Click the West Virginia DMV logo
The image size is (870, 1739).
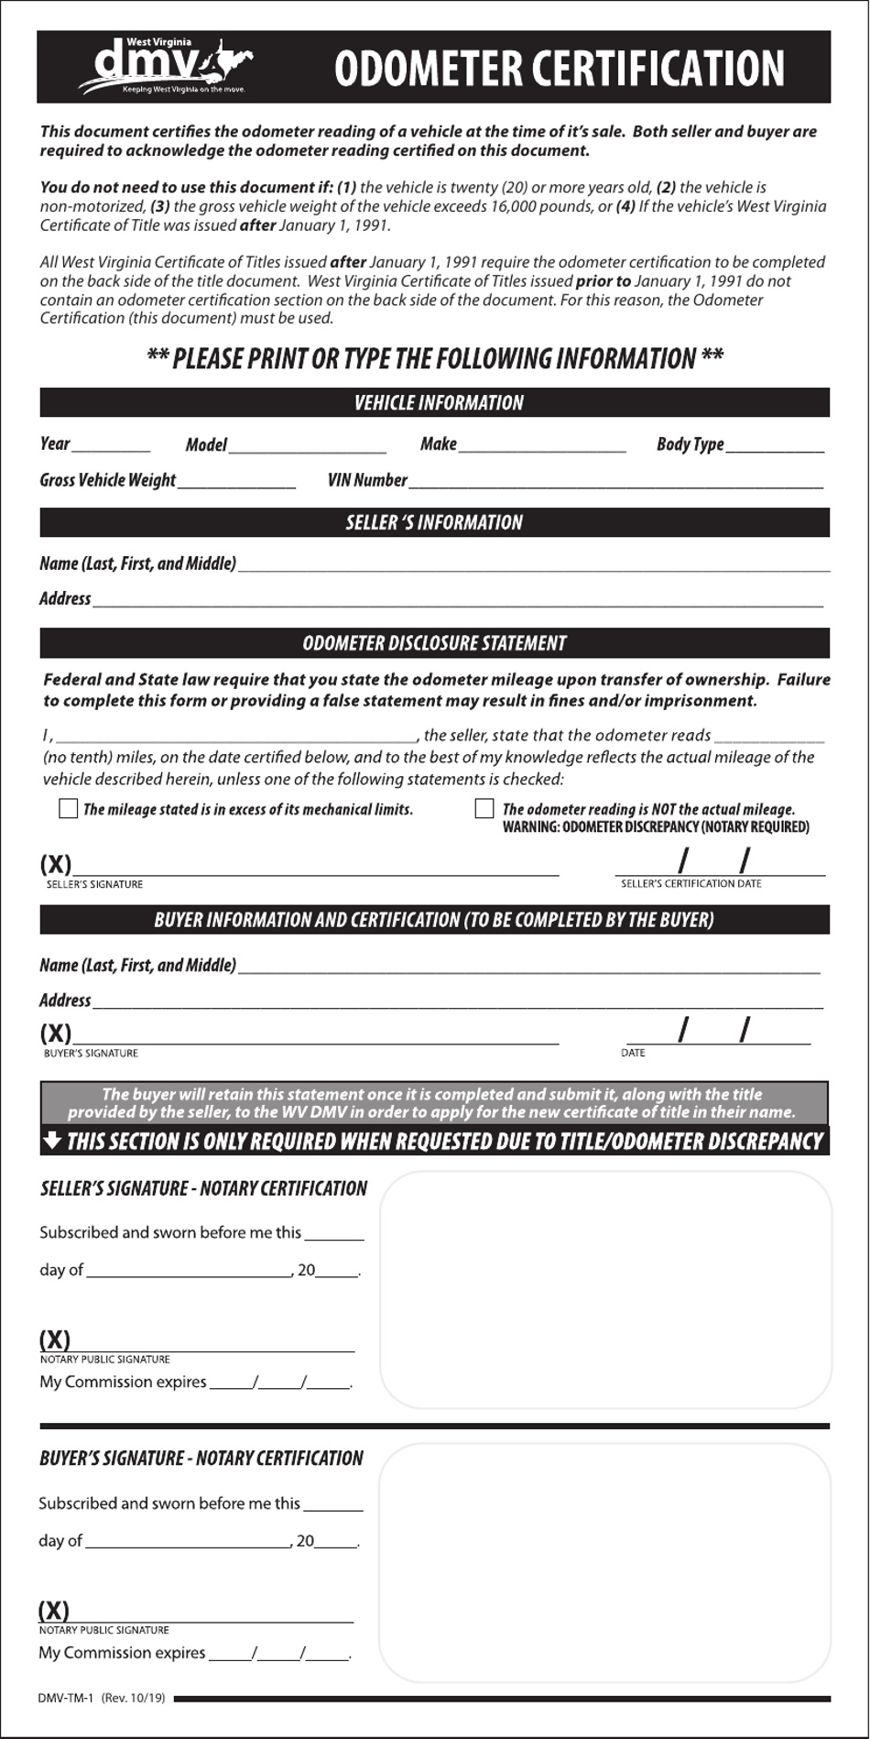click(165, 66)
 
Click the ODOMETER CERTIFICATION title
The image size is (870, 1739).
click(559, 69)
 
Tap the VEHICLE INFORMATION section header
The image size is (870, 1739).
click(438, 403)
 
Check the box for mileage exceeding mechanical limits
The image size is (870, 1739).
click(68, 808)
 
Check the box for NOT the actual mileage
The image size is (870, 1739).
click(484, 808)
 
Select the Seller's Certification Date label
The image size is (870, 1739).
click(691, 883)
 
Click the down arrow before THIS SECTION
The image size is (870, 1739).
click(52, 1140)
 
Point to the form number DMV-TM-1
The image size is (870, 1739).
click(66, 1698)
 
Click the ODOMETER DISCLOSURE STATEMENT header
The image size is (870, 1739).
click(434, 643)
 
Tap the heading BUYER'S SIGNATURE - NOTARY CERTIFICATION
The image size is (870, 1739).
click(201, 1458)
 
